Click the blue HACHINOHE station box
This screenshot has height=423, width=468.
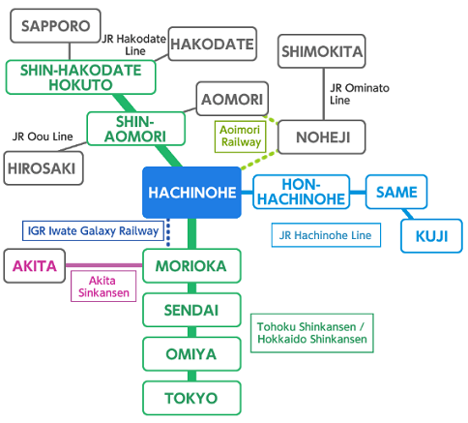[x=191, y=193]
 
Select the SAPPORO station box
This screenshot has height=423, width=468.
[x=55, y=26]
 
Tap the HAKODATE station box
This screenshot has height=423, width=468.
[x=213, y=44]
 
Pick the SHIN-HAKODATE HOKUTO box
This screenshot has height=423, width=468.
[x=80, y=77]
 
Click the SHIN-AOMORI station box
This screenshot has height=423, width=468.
[x=135, y=129]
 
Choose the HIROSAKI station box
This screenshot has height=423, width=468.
[x=44, y=168]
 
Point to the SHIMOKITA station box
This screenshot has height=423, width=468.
[x=322, y=51]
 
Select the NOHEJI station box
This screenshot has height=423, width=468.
[x=322, y=137]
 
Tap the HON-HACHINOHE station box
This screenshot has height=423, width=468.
[x=302, y=192]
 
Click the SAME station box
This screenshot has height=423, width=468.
[x=396, y=192]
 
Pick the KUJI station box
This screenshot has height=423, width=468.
[x=431, y=236]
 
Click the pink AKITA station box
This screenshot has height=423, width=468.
[x=35, y=266]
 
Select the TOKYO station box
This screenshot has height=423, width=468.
[x=191, y=398]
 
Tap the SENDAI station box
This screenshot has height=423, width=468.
[x=191, y=310]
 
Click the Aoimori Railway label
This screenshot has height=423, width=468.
[x=241, y=136]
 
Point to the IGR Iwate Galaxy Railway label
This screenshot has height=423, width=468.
[x=93, y=230]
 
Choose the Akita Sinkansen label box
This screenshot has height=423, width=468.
[x=103, y=287]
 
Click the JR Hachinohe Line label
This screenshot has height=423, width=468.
[x=326, y=235]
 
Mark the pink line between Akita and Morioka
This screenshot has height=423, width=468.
[x=104, y=265]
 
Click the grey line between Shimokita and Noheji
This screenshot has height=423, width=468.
[x=324, y=94]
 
